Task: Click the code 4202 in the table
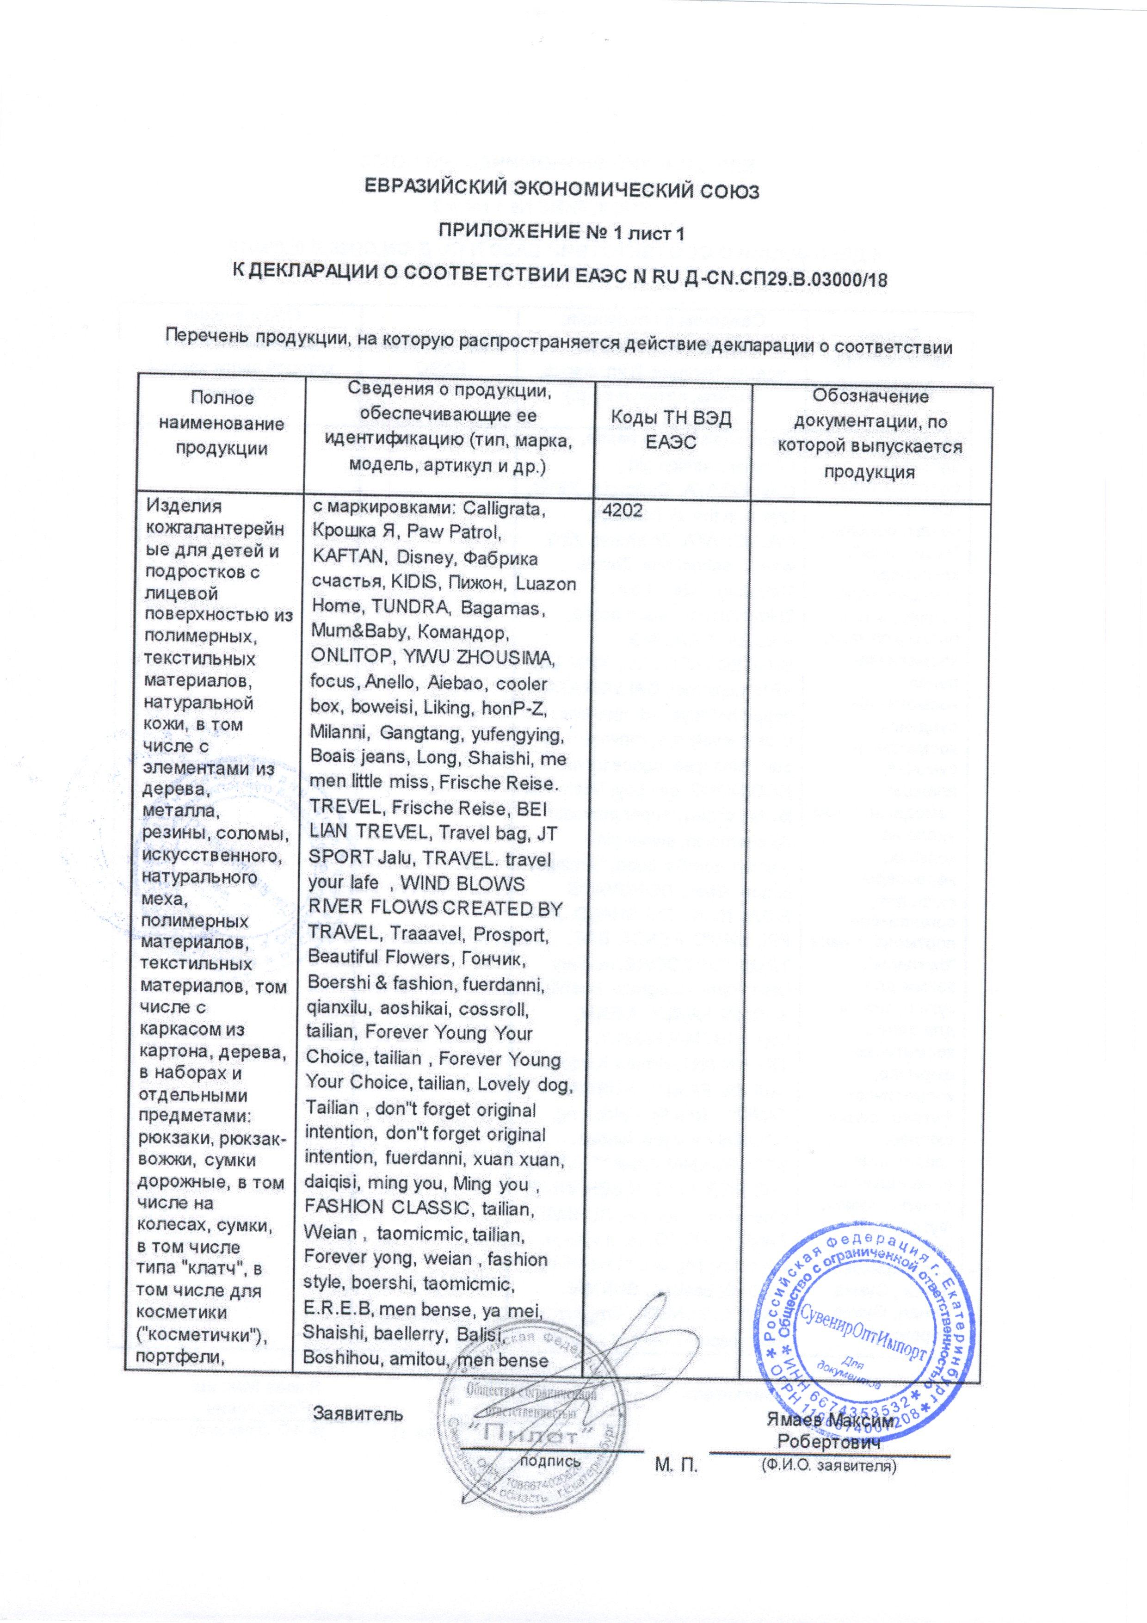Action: (x=622, y=512)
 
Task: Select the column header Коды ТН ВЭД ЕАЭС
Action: (x=672, y=431)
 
